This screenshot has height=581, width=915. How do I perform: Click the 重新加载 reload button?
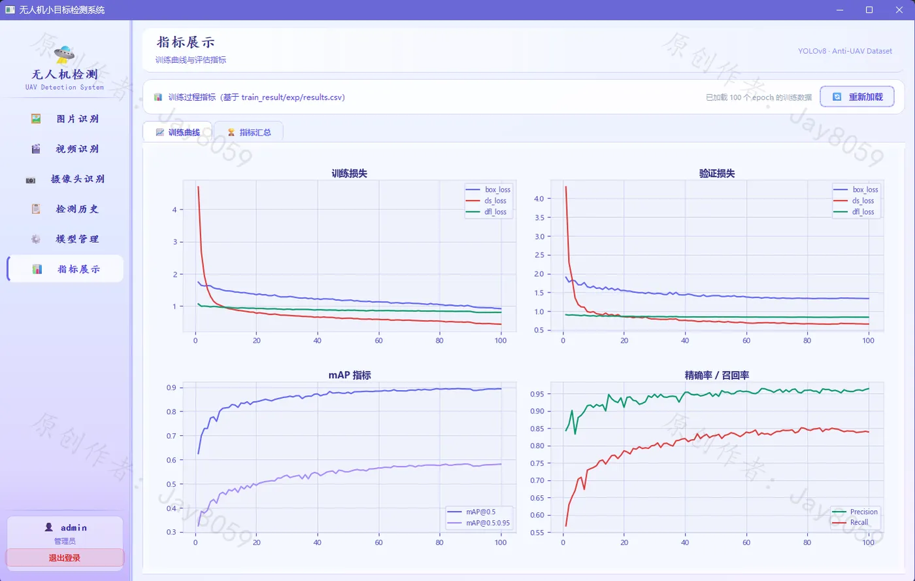click(857, 97)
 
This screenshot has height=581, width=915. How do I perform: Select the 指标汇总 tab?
click(249, 132)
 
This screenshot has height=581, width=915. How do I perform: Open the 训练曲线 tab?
click(178, 132)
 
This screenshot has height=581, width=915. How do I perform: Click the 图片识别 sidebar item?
click(65, 118)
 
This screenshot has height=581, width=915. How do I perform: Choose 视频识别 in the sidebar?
click(65, 149)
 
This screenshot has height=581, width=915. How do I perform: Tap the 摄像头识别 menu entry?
click(65, 179)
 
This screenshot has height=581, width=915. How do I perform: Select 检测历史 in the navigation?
click(65, 209)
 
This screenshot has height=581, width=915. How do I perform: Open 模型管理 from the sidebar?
click(65, 239)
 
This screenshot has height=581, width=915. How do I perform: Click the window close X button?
click(899, 10)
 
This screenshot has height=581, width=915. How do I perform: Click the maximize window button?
click(869, 10)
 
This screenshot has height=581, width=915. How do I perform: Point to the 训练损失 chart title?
click(349, 173)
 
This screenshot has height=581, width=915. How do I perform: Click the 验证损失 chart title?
click(717, 173)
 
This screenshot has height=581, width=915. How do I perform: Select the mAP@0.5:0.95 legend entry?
click(478, 523)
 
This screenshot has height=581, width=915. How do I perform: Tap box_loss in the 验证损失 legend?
click(856, 190)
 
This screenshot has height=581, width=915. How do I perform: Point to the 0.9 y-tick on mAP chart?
click(171, 387)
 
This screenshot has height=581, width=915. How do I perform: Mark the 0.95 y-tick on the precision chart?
click(537, 394)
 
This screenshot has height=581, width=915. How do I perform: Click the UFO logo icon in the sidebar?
click(64, 54)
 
